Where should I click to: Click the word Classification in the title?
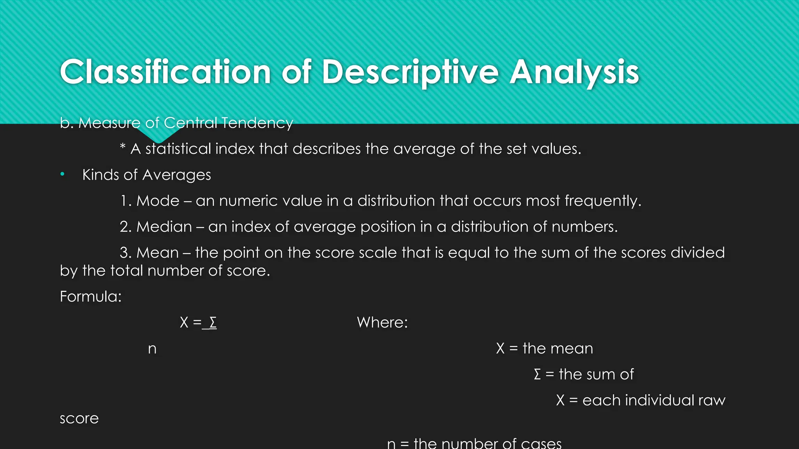pyautogui.click(x=165, y=72)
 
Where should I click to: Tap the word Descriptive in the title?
pyautogui.click(x=410, y=73)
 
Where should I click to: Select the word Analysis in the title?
pyautogui.click(x=574, y=73)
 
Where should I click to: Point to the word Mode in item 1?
pyautogui.click(x=158, y=201)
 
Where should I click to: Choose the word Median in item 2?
pyautogui.click(x=164, y=226)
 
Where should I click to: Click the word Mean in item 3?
pyautogui.click(x=157, y=253)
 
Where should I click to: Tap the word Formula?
pyautogui.click(x=91, y=297)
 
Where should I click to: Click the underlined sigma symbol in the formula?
pyautogui.click(x=213, y=322)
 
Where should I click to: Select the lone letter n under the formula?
pyautogui.click(x=152, y=348)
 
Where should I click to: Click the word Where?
pyautogui.click(x=382, y=322)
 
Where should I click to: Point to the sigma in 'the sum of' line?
pyautogui.click(x=537, y=375)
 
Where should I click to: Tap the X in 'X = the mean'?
pyautogui.click(x=500, y=348)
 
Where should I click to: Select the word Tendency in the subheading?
pyautogui.click(x=257, y=123)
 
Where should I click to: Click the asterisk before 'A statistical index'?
pyautogui.click(x=123, y=147)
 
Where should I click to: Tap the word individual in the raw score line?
pyautogui.click(x=659, y=400)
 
